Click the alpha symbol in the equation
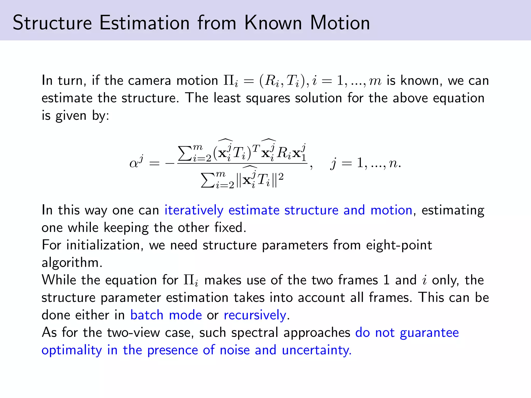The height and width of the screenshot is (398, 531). (134, 164)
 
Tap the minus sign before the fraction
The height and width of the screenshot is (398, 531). (170, 164)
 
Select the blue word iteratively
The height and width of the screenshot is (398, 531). (194, 210)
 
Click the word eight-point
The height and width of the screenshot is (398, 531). (399, 245)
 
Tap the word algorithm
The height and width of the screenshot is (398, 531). (72, 263)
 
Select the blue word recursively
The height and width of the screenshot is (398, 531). (255, 315)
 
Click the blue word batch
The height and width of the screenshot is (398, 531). (147, 315)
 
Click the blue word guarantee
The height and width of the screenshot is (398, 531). (429, 333)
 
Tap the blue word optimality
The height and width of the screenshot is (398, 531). (72, 350)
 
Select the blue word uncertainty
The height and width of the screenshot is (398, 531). (316, 350)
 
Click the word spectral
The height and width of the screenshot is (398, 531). (254, 333)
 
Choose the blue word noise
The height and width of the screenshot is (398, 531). (234, 350)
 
